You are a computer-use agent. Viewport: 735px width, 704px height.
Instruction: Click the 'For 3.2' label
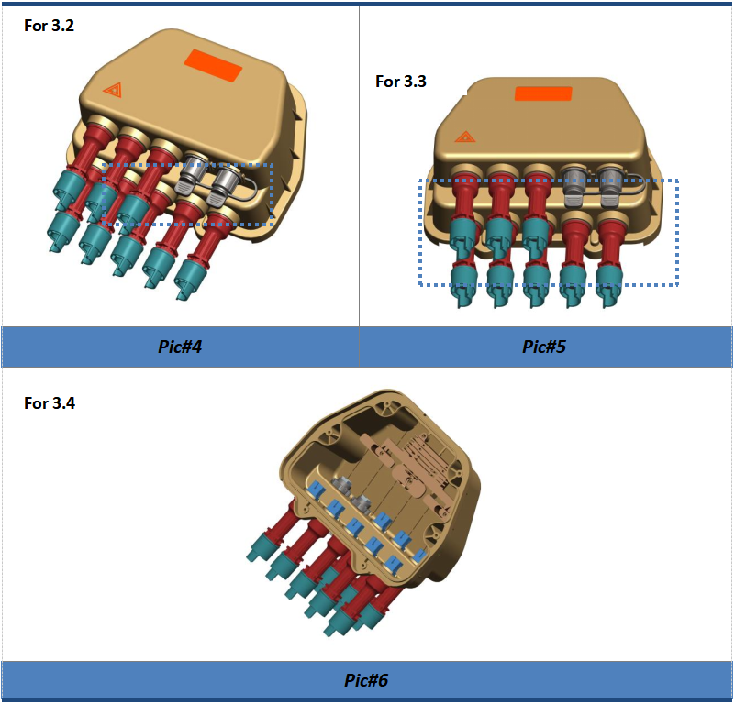click(x=50, y=26)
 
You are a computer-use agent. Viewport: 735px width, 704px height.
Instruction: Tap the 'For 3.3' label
click(x=401, y=82)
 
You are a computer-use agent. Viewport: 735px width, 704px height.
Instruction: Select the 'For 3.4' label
click(x=50, y=403)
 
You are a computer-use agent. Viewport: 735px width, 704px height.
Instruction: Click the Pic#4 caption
click(x=180, y=346)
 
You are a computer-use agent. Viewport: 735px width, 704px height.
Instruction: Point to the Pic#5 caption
click(x=544, y=346)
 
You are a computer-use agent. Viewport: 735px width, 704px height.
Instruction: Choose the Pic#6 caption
click(x=366, y=680)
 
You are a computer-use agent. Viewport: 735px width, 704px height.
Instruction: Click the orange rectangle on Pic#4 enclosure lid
click(x=213, y=65)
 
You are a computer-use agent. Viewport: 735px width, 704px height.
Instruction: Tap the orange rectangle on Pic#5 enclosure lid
click(x=543, y=93)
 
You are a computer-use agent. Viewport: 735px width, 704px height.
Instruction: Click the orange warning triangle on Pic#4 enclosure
click(x=114, y=89)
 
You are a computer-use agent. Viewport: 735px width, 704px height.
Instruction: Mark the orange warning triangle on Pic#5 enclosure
click(x=465, y=137)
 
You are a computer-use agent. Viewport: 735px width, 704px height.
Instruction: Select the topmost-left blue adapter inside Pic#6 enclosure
click(x=316, y=490)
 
